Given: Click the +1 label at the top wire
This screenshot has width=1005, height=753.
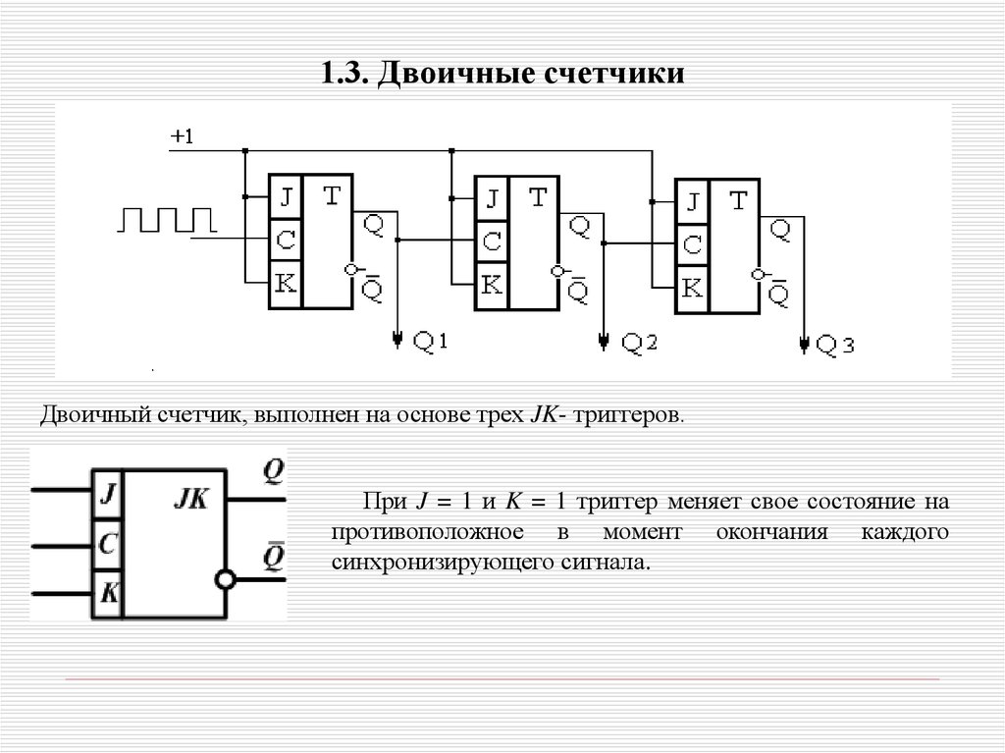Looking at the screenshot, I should [183, 137].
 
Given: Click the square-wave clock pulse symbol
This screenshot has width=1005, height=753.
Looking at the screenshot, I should [165, 220].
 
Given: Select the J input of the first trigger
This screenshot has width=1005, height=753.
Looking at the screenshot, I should [286, 198].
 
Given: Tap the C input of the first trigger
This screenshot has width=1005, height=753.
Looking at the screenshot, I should [286, 240].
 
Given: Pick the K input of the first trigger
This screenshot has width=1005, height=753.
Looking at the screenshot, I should [286, 283].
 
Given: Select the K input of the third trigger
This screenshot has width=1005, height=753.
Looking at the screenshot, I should [692, 289].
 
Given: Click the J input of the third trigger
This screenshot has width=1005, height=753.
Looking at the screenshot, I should [692, 202].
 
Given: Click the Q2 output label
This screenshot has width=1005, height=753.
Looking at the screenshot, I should [638, 343].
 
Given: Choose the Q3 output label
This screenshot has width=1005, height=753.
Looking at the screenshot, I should [836, 345].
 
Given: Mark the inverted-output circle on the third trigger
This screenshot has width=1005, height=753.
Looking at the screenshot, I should [756, 275].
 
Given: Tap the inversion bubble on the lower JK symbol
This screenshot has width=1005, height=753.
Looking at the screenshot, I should [227, 580].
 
